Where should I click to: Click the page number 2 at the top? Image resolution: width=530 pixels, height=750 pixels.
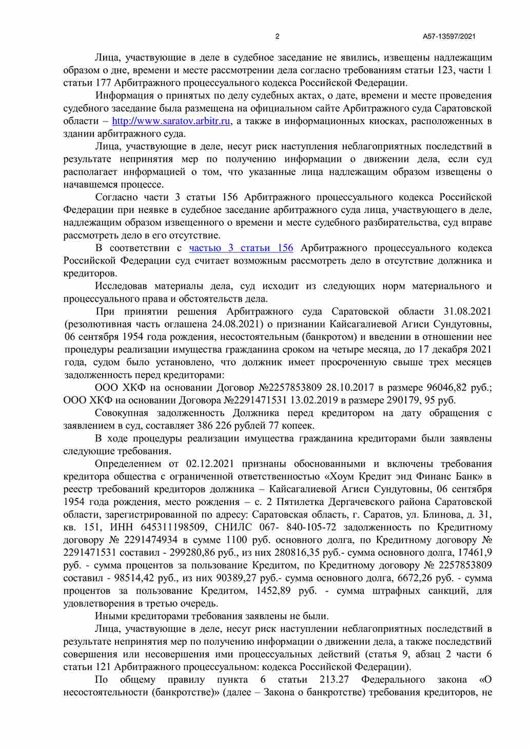[x=278, y=36]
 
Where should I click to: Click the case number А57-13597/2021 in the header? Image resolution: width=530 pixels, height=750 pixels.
[x=449, y=36]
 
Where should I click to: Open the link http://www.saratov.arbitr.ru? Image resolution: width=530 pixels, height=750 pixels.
[x=171, y=121]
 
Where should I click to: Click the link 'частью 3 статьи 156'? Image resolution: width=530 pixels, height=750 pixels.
[x=241, y=248]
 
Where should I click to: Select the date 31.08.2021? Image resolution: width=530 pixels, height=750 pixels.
[x=467, y=312]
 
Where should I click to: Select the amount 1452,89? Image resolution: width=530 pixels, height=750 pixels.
[x=276, y=591]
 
